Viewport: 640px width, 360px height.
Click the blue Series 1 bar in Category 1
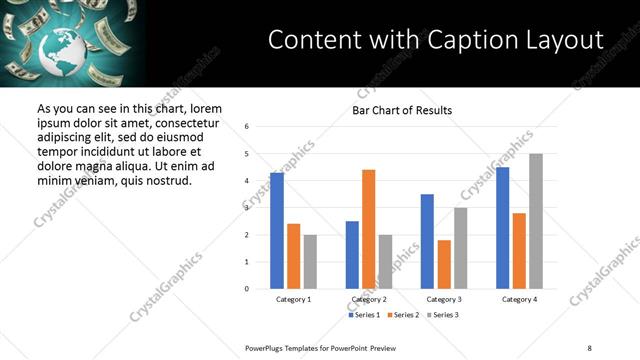[x=277, y=231]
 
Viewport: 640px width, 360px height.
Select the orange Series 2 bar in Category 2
[x=368, y=229]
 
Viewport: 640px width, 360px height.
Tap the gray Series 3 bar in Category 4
[x=536, y=221]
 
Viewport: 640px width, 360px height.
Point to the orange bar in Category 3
[x=444, y=264]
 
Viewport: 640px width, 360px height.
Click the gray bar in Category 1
[x=310, y=262]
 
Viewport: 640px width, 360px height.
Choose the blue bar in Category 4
[x=502, y=228]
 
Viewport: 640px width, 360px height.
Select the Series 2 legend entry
[x=402, y=315]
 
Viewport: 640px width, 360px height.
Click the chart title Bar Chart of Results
[x=402, y=110]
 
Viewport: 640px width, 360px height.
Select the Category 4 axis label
[x=518, y=299]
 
